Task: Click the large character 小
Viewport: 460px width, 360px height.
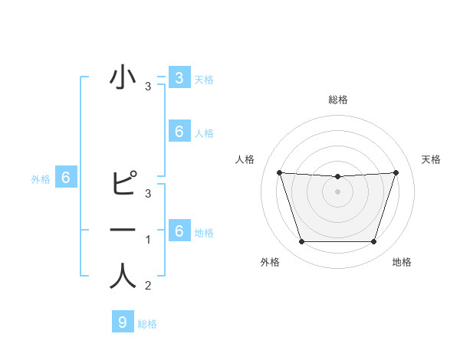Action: [123, 80]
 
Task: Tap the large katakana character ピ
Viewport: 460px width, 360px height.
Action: [123, 185]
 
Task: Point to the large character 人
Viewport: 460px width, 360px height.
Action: [123, 277]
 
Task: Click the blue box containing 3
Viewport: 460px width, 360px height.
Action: [179, 77]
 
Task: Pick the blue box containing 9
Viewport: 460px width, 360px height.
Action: [123, 322]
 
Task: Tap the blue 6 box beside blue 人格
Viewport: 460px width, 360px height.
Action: [179, 132]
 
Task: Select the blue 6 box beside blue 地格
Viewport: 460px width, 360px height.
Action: [179, 231]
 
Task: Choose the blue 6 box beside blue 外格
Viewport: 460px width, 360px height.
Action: [66, 178]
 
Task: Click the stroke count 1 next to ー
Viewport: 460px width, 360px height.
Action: [148, 241]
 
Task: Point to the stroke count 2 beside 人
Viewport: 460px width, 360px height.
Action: [148, 286]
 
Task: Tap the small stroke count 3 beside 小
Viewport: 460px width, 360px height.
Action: [148, 87]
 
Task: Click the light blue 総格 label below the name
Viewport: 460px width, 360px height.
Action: [147, 324]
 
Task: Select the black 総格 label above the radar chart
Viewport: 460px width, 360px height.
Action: [337, 100]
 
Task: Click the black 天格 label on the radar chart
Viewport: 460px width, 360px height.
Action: [431, 159]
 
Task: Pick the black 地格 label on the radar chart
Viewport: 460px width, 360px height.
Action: [402, 262]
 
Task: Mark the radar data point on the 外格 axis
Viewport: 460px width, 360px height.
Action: [301, 242]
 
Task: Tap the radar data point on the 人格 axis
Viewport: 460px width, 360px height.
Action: [279, 172]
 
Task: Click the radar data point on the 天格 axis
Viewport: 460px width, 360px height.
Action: [396, 172]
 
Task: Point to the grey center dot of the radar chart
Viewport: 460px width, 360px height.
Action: [337, 191]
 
